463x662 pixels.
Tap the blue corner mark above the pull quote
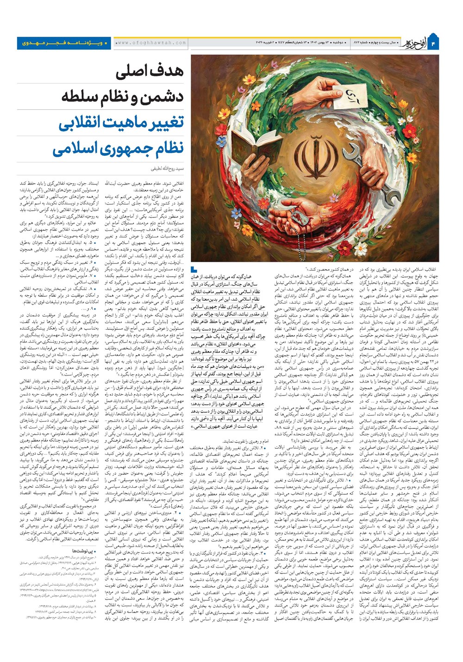[194, 271]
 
